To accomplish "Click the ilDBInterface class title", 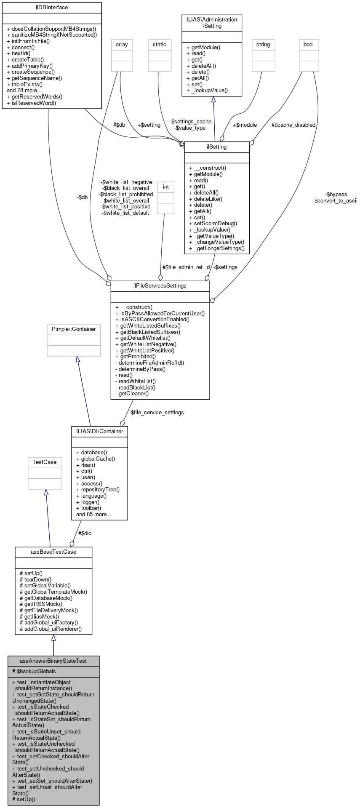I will (x=52, y=8).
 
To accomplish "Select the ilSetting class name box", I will (x=217, y=147).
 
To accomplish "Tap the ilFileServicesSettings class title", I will (x=160, y=285).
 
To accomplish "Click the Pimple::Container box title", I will (x=74, y=329).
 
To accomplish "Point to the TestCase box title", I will (x=45, y=462).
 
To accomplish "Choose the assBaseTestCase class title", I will (x=53, y=552).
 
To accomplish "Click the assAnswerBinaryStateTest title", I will (x=53, y=661).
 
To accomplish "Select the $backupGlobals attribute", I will (x=35, y=671).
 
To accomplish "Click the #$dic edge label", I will (x=85, y=533).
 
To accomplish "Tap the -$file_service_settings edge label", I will (x=157, y=412).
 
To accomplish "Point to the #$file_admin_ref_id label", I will (x=186, y=267).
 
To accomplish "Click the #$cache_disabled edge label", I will (x=293, y=125).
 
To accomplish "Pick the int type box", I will (x=166, y=187).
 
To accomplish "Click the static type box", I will (x=160, y=44).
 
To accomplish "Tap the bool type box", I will (x=309, y=44).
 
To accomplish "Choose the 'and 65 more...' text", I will (x=93, y=514).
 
